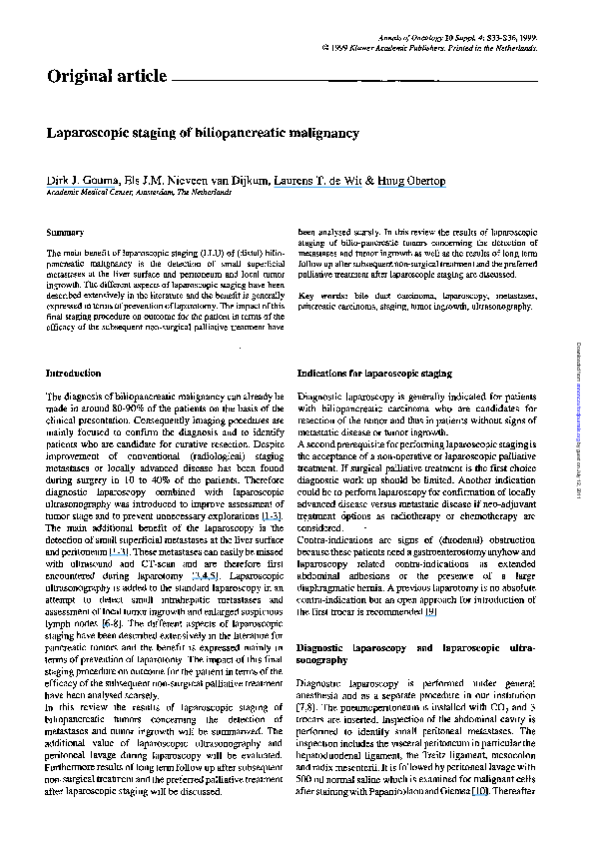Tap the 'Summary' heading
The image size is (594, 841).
point(65,232)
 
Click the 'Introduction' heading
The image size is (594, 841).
point(75,373)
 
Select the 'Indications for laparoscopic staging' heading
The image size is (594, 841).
point(374,373)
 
